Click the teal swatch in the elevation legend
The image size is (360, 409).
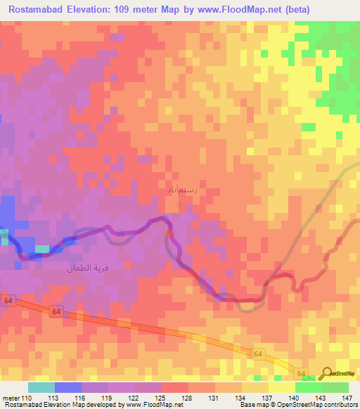tap(41, 387)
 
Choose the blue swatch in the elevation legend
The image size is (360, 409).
tap(67, 387)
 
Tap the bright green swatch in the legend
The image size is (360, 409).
tap(308, 387)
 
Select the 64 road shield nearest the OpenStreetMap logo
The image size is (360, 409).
tap(301, 373)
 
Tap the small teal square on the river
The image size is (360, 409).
tap(43, 249)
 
